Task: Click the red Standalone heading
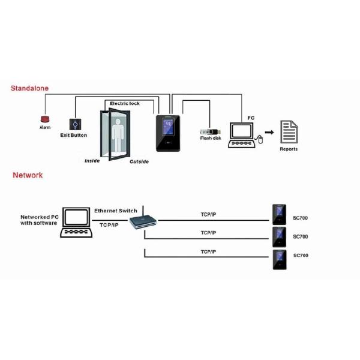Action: pyautogui.click(x=29, y=88)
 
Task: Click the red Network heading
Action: pyautogui.click(x=28, y=175)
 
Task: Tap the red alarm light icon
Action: pyautogui.click(x=44, y=119)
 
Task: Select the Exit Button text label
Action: pyautogui.click(x=73, y=136)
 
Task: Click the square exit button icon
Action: pyautogui.click(x=74, y=124)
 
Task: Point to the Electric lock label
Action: pyautogui.click(x=124, y=104)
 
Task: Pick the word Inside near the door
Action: pyautogui.click(x=92, y=161)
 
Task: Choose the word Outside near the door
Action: pyautogui.click(x=139, y=161)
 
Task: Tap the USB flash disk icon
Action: pyautogui.click(x=211, y=132)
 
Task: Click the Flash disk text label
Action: pyautogui.click(x=211, y=139)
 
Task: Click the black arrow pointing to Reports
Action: pyautogui.click(x=270, y=132)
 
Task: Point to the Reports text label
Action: pyautogui.click(x=289, y=149)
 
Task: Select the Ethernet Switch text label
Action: pyautogui.click(x=116, y=211)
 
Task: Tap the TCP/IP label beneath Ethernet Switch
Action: pyautogui.click(x=109, y=225)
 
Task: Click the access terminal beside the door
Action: pyautogui.click(x=167, y=133)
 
